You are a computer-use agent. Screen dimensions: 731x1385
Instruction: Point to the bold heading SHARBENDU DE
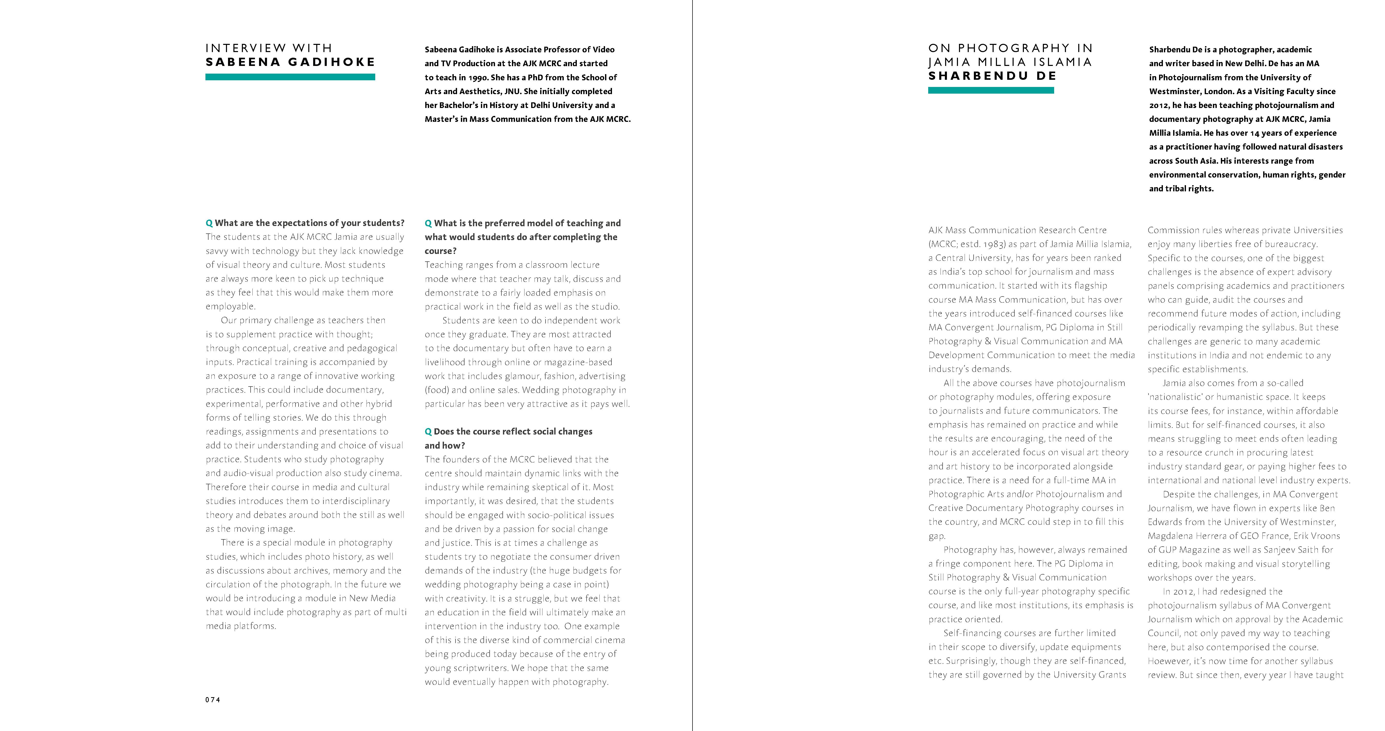(992, 76)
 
